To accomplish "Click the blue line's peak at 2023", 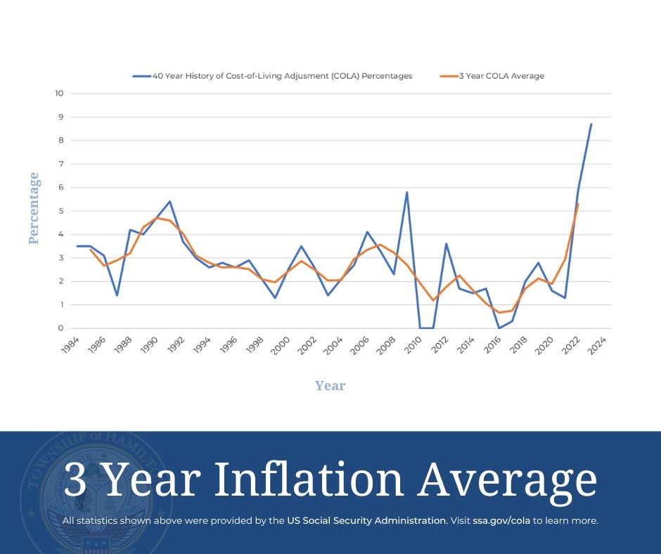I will pos(591,124).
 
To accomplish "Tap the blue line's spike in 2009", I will pos(406,192).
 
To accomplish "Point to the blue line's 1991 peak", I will pos(169,201).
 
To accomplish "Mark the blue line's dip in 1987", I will pos(117,295).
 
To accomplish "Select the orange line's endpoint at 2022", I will pos(578,204).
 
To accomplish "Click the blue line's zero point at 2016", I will pos(499,328).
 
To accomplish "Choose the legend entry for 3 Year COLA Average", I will pos(501,76).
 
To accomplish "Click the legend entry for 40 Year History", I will pos(282,76).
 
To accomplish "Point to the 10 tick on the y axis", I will pos(59,94).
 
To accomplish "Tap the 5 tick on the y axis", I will pos(61,211).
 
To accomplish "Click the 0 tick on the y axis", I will pos(61,328).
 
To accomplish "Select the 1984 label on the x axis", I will pos(70,345).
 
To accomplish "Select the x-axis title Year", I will pos(330,385).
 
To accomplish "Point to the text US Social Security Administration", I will pos(366,521).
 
